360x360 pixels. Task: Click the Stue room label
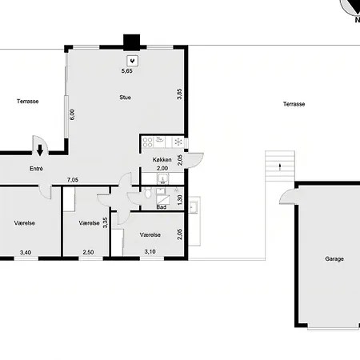125,98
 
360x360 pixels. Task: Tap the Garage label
334,258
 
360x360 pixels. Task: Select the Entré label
36,169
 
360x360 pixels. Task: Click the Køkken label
162,160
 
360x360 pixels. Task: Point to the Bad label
162,207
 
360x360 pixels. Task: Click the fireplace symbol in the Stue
132,61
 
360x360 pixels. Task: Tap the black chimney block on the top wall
131,42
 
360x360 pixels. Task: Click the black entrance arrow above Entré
40,150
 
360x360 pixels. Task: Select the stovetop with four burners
147,142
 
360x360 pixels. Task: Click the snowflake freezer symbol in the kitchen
178,142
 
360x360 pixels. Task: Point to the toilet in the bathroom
148,193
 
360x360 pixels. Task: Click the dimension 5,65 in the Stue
127,71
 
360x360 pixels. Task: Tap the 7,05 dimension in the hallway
73,180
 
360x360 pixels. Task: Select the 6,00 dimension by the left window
72,114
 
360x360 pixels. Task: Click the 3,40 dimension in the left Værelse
26,252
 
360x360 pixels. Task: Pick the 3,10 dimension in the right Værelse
150,251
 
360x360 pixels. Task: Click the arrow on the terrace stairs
280,167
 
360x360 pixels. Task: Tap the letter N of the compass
358,19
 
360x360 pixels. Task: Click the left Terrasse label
28,102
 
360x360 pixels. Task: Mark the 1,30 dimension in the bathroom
180,200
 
